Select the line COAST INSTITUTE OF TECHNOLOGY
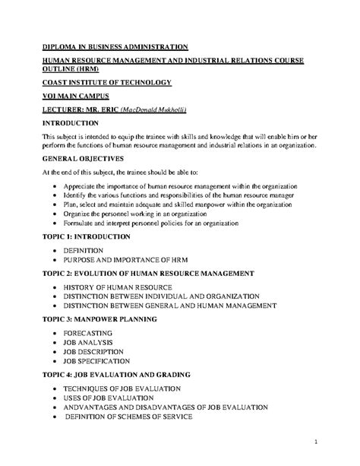click(106, 81)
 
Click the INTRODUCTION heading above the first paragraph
click(77, 122)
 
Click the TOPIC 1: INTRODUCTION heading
click(97, 237)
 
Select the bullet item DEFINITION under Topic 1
click(84, 249)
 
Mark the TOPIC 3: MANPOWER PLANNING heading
click(110, 320)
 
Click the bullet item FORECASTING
click(88, 333)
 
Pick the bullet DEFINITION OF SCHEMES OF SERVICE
click(140, 417)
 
